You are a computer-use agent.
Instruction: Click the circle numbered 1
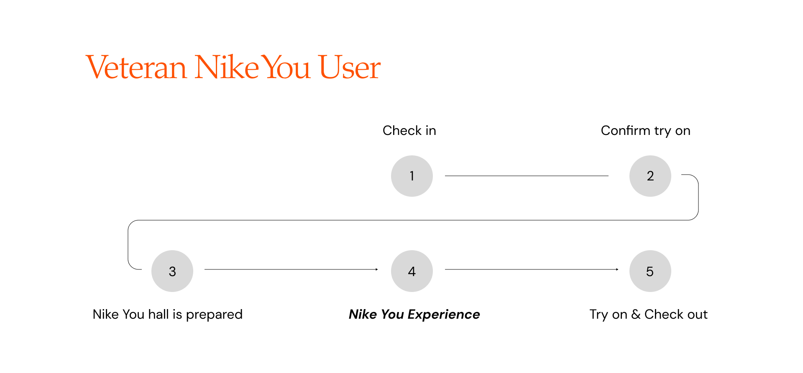[412, 176]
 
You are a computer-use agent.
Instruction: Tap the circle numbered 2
[650, 176]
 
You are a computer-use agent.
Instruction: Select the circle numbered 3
[172, 271]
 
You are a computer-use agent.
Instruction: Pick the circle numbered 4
[412, 271]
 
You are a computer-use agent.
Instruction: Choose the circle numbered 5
[650, 271]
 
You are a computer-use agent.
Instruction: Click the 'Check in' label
[409, 131]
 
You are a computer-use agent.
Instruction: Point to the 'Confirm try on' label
[646, 131]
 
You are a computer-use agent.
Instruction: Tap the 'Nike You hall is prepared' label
[168, 315]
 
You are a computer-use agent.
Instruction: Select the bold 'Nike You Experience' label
[414, 315]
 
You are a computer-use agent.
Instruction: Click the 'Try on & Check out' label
[649, 315]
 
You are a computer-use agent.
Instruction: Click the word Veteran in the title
[136, 67]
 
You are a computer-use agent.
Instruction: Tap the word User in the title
[350, 67]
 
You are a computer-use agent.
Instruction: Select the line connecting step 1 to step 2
[527, 176]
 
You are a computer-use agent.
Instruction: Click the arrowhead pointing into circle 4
[377, 269]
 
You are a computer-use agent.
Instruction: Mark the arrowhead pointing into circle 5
[617, 269]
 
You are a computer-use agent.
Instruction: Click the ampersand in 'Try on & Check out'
[636, 314]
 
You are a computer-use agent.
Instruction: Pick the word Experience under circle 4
[444, 315]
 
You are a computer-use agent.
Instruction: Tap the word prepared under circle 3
[214, 315]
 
